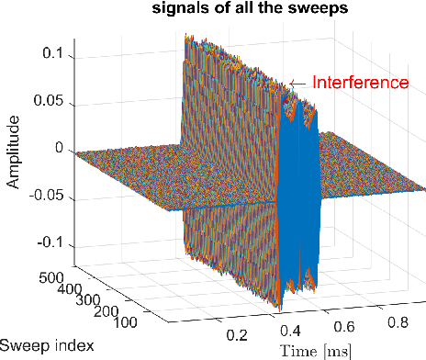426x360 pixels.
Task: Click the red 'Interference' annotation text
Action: (x=360, y=82)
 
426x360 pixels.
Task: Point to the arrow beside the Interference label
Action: (x=300, y=83)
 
